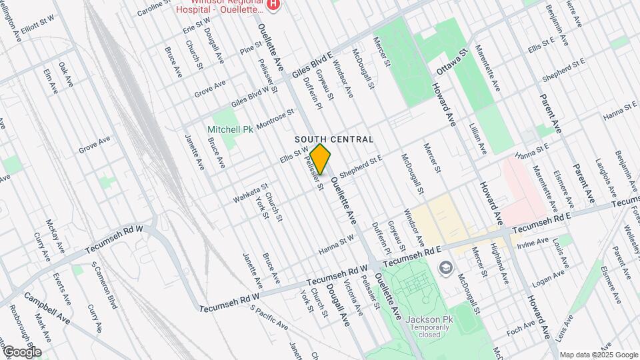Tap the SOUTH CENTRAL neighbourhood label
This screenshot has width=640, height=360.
coord(333,139)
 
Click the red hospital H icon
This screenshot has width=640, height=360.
coord(272,5)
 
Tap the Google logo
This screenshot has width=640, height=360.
coord(21,351)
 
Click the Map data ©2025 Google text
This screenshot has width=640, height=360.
coord(599,355)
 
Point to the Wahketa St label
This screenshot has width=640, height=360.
coord(250,195)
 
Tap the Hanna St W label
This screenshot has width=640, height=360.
coord(335,245)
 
